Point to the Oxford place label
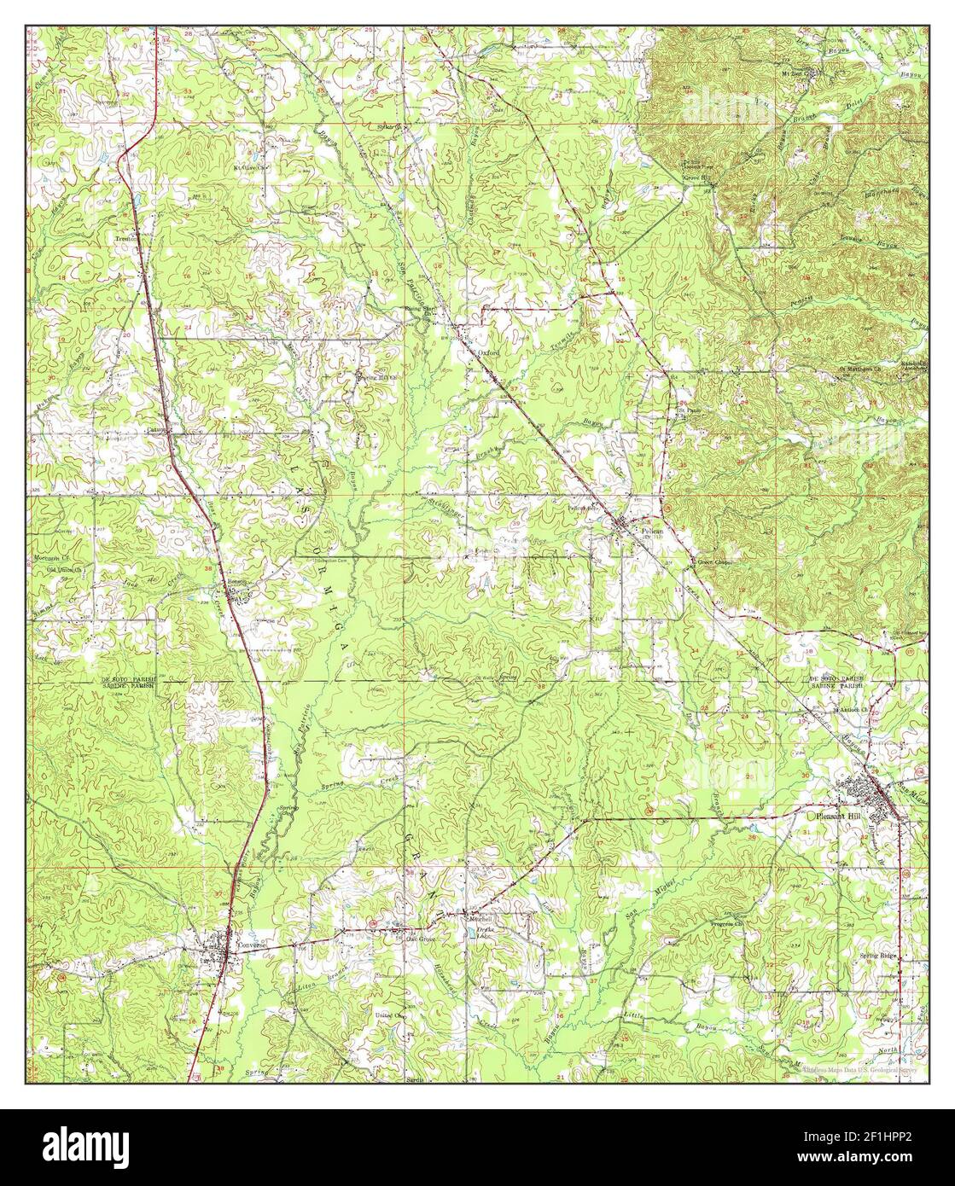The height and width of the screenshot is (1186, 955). click(x=488, y=351)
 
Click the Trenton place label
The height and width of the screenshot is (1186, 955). click(x=127, y=240)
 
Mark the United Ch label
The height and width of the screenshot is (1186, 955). click(x=391, y=1016)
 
